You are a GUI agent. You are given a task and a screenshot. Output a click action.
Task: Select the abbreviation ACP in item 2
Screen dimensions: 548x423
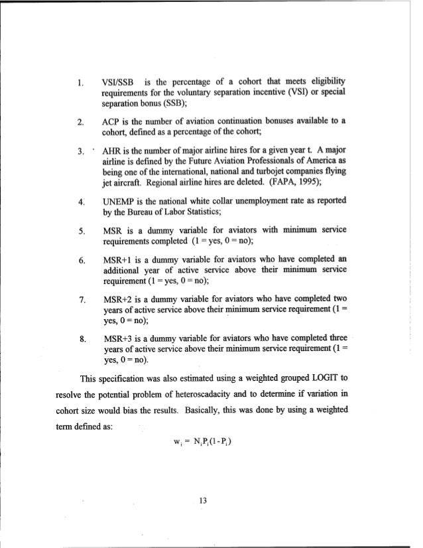tap(113, 121)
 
